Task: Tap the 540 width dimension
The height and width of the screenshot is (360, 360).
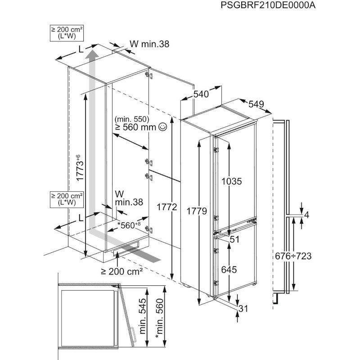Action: (x=201, y=94)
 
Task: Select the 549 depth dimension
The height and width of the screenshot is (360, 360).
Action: (x=256, y=104)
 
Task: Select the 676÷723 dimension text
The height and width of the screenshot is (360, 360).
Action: (x=293, y=256)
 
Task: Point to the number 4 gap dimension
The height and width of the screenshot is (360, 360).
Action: (x=306, y=215)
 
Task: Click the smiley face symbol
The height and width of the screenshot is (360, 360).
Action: (x=162, y=127)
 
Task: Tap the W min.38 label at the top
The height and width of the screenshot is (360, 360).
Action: (x=149, y=44)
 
